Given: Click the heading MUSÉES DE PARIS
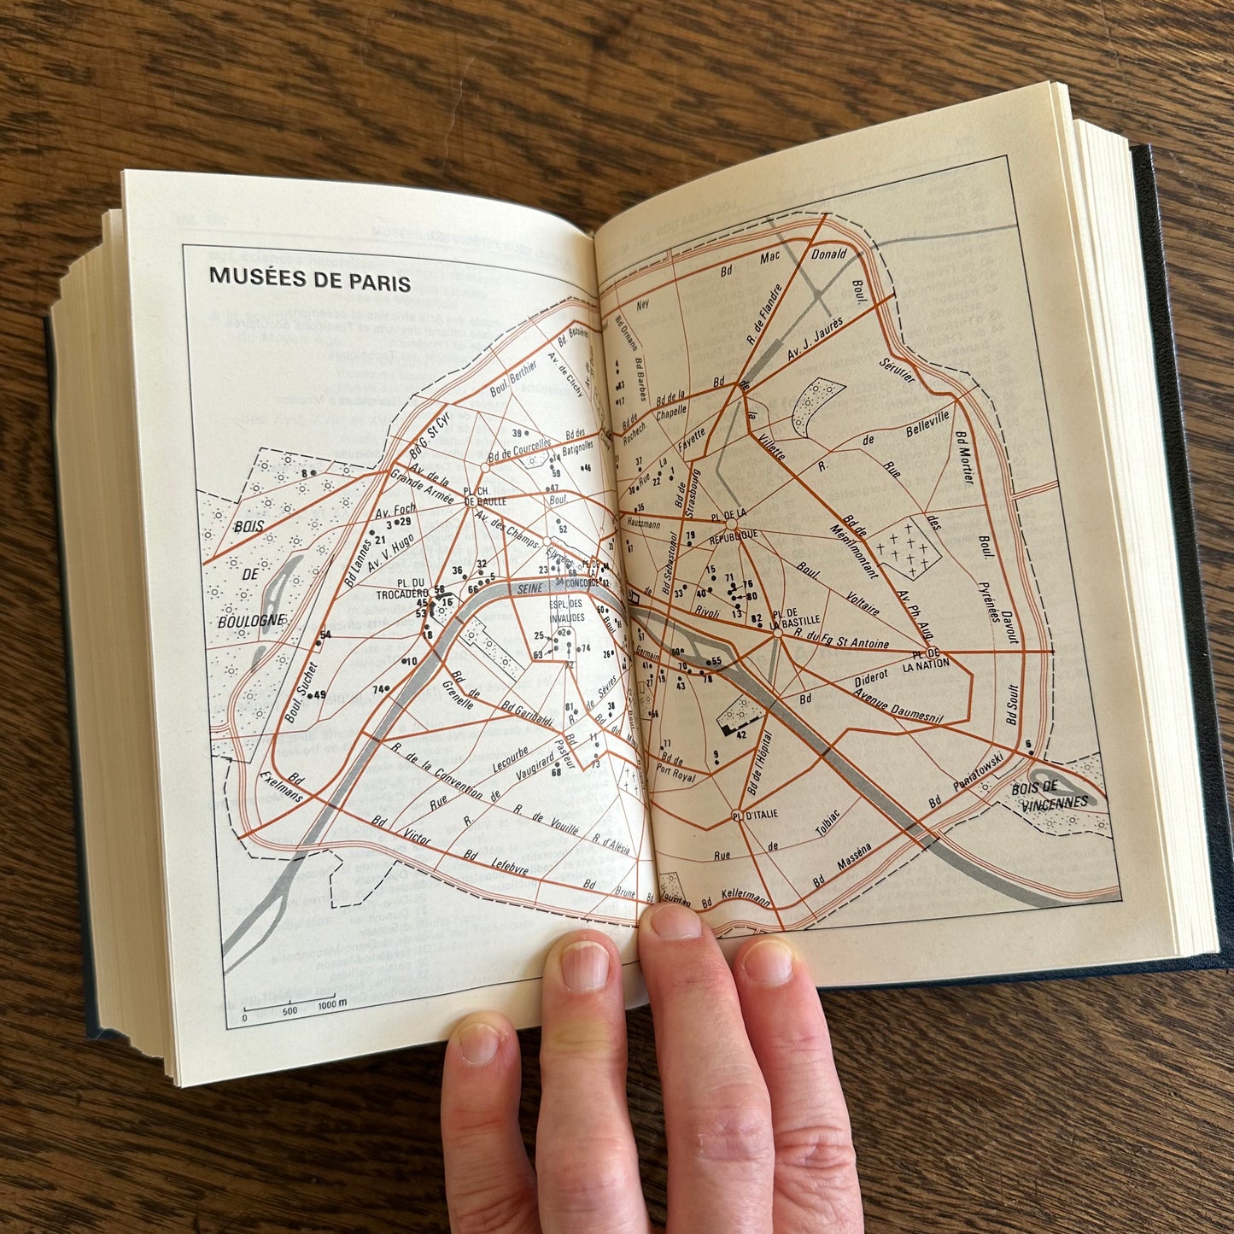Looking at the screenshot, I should pos(310,279).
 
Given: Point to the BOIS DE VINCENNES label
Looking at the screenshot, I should pos(1049,795).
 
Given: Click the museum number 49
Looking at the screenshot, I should pos(320,695).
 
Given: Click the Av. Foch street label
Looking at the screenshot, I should pos(395,512).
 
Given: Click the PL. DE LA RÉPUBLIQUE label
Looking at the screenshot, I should pos(733,523).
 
